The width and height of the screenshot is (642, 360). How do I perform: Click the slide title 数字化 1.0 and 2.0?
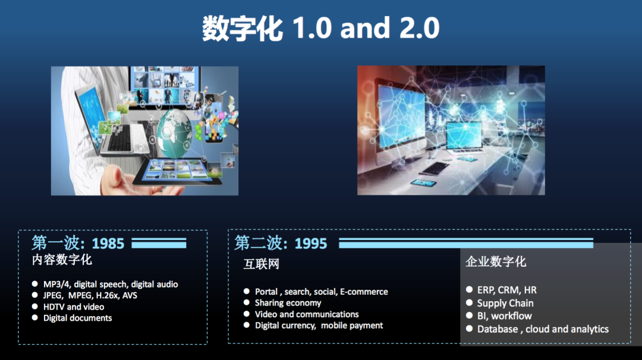click(x=320, y=29)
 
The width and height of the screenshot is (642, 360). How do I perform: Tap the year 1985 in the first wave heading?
click(x=108, y=244)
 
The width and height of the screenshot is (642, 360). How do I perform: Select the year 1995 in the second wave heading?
click(x=311, y=244)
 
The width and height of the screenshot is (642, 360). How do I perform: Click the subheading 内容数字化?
click(x=62, y=260)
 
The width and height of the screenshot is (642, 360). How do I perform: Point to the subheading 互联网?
click(x=261, y=264)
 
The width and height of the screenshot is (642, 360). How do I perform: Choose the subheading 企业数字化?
click(x=495, y=262)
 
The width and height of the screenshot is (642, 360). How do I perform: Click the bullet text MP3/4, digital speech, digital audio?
click(x=111, y=285)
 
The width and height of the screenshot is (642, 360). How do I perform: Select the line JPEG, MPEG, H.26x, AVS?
click(x=90, y=295)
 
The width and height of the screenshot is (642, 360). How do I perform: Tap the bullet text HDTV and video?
click(x=74, y=307)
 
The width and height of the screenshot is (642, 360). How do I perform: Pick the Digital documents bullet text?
click(x=77, y=318)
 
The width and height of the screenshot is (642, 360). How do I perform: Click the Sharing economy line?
click(x=288, y=303)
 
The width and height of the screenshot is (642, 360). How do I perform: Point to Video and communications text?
click(x=307, y=314)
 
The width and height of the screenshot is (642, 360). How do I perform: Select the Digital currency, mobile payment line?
click(x=319, y=326)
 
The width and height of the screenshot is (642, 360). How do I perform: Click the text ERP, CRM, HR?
click(x=507, y=290)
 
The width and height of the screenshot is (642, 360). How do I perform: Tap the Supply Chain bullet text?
click(x=505, y=303)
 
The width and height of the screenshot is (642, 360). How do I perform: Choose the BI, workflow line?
click(x=505, y=316)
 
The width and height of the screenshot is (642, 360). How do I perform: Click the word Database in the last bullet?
click(x=498, y=329)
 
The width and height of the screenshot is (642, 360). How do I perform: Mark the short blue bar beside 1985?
click(x=159, y=244)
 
